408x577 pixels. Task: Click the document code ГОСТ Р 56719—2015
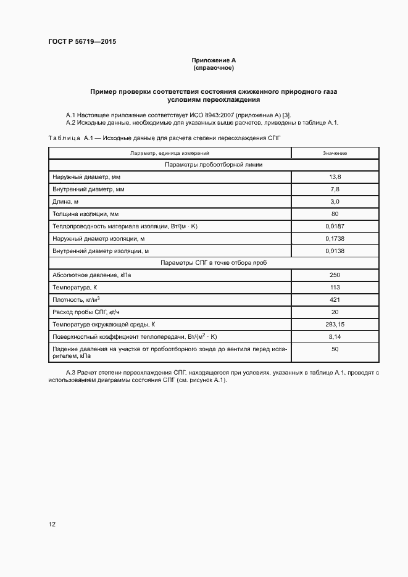[82, 41]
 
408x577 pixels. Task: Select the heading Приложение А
[214, 60]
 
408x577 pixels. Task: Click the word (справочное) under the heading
[214, 67]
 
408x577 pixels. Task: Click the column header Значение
[335, 152]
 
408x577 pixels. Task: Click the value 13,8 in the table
[335, 177]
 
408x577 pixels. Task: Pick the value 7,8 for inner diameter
[335, 189]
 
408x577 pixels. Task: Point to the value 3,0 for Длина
[335, 202]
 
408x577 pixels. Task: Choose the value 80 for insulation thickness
[335, 214]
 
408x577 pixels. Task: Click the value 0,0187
[335, 226]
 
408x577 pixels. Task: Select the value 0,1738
[335, 238]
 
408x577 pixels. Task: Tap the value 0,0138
[335, 251]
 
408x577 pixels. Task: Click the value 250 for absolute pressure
[335, 275]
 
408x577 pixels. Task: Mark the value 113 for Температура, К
[335, 288]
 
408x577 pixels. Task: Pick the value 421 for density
[335, 300]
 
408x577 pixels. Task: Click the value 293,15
[335, 324]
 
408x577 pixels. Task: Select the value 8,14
[335, 336]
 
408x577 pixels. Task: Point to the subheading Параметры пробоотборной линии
[214, 165]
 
